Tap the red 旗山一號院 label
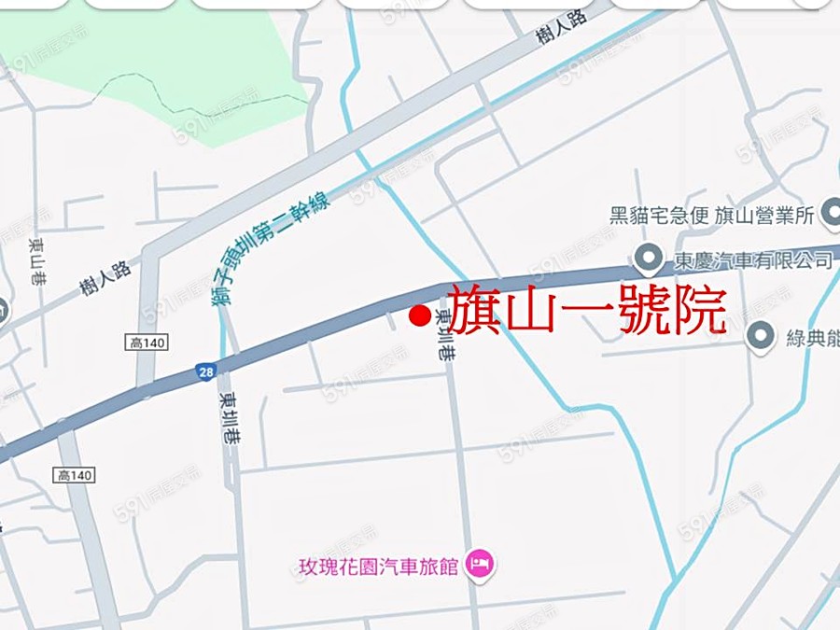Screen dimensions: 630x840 pyautogui.click(x=587, y=309)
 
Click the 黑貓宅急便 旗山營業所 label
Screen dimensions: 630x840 pyautogui.click(x=713, y=217)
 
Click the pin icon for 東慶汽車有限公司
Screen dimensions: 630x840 pyautogui.click(x=645, y=258)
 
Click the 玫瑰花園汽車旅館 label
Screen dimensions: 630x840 pyautogui.click(x=378, y=567)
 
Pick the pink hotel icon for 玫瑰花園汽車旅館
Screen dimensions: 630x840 pyautogui.click(x=482, y=564)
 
